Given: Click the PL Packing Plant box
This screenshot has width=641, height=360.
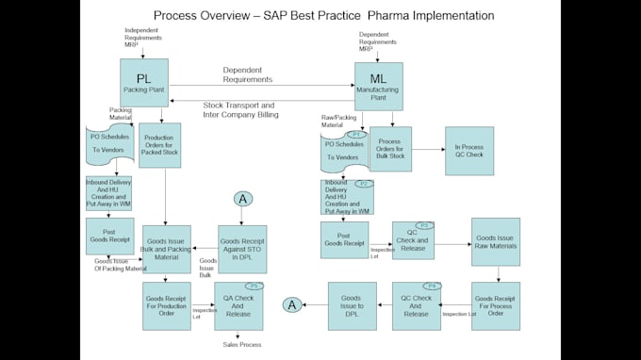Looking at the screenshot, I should [x=143, y=83].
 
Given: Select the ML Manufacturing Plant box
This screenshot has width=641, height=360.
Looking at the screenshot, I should [x=378, y=87].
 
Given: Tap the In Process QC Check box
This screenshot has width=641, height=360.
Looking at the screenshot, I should [x=468, y=151].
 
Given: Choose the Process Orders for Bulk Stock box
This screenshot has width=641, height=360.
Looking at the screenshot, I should [x=389, y=150].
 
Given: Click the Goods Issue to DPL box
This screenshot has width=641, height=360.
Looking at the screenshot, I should [x=352, y=304].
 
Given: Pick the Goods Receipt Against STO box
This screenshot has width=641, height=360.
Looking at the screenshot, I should [x=242, y=250].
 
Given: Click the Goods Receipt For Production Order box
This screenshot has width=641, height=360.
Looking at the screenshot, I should [x=167, y=306].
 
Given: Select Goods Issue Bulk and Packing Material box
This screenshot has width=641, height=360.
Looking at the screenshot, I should [x=167, y=250].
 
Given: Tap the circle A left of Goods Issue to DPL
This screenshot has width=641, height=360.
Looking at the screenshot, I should [x=293, y=304].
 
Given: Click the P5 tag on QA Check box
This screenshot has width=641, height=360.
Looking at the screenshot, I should [x=252, y=286].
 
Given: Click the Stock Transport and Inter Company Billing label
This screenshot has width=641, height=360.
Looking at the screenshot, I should [x=241, y=109].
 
